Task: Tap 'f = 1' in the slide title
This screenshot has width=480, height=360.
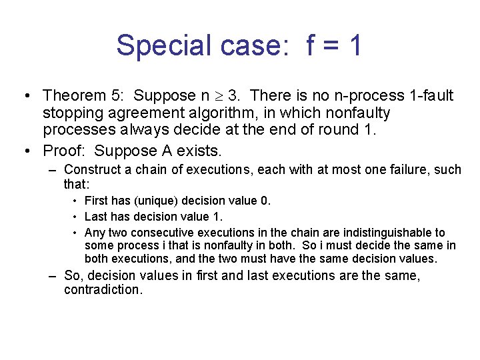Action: click(x=335, y=46)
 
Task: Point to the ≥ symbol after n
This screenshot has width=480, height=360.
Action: click(x=217, y=97)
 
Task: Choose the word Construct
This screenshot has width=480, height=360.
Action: click(x=93, y=169)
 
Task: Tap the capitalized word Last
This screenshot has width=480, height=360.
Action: click(x=96, y=217)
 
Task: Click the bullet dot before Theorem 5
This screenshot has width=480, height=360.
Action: click(x=24, y=96)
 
